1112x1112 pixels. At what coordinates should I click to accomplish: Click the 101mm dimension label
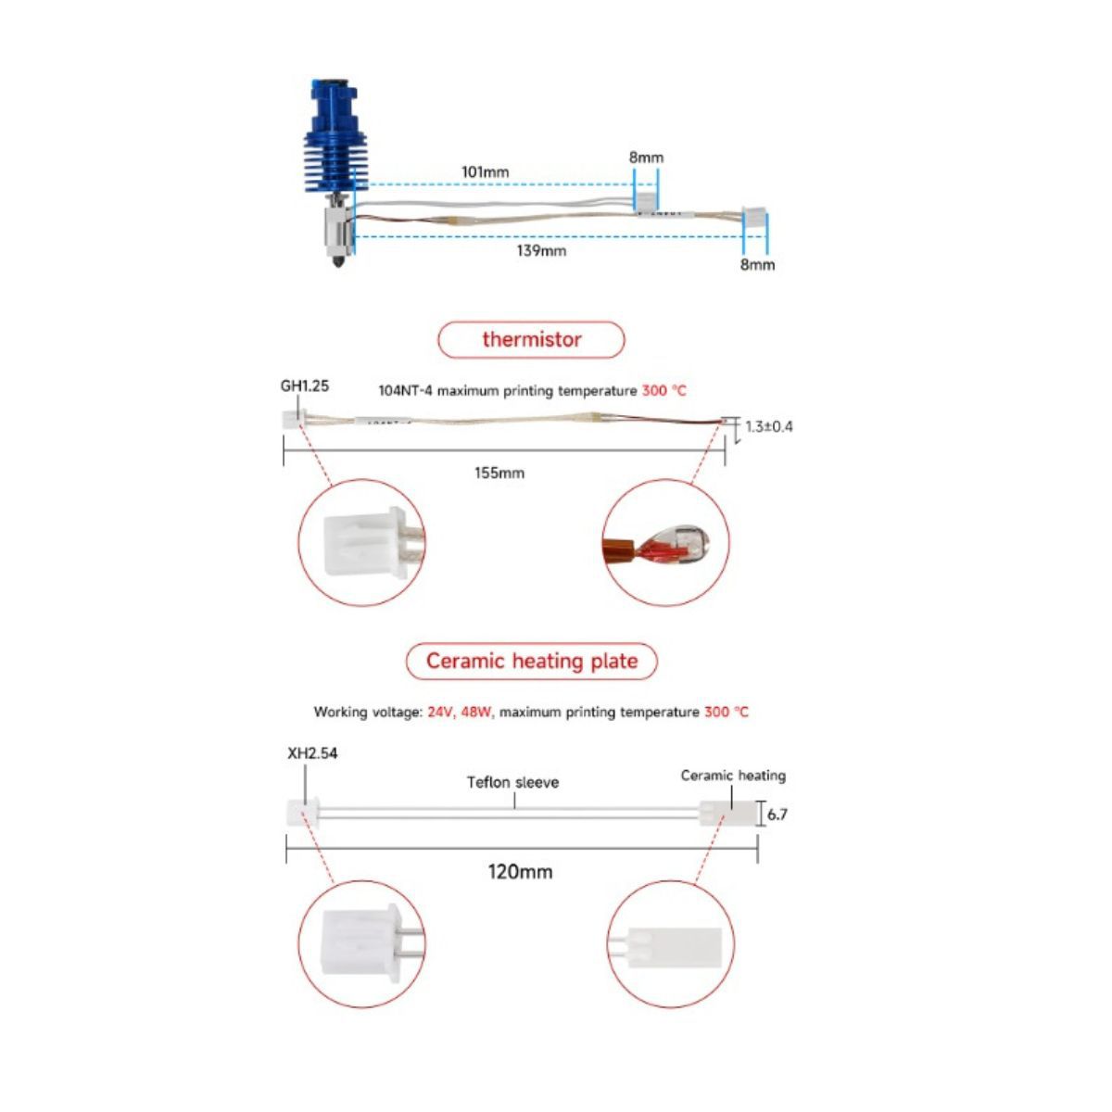[485, 172]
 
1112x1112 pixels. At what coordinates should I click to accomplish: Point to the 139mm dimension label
[540, 250]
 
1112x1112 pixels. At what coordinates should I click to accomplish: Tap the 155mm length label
[499, 474]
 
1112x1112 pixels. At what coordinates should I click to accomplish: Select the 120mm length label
[520, 871]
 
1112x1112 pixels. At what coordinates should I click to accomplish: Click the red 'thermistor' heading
[532, 339]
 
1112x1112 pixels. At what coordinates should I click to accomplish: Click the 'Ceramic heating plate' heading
[532, 661]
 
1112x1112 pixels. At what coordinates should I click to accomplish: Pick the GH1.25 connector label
[305, 386]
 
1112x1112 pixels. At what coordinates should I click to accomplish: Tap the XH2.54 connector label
[312, 753]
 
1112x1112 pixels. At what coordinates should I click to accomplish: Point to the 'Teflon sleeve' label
[512, 782]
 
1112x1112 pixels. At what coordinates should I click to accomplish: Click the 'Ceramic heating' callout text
[733, 776]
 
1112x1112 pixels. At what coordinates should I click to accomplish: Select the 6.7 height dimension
[777, 815]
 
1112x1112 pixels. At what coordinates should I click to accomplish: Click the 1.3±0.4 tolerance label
[768, 427]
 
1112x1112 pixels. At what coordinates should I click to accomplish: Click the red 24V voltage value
[441, 712]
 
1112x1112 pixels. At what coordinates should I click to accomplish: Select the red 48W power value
[476, 712]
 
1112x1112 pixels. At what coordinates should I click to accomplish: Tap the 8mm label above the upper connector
[646, 158]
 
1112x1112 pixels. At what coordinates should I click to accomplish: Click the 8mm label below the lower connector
[757, 265]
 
